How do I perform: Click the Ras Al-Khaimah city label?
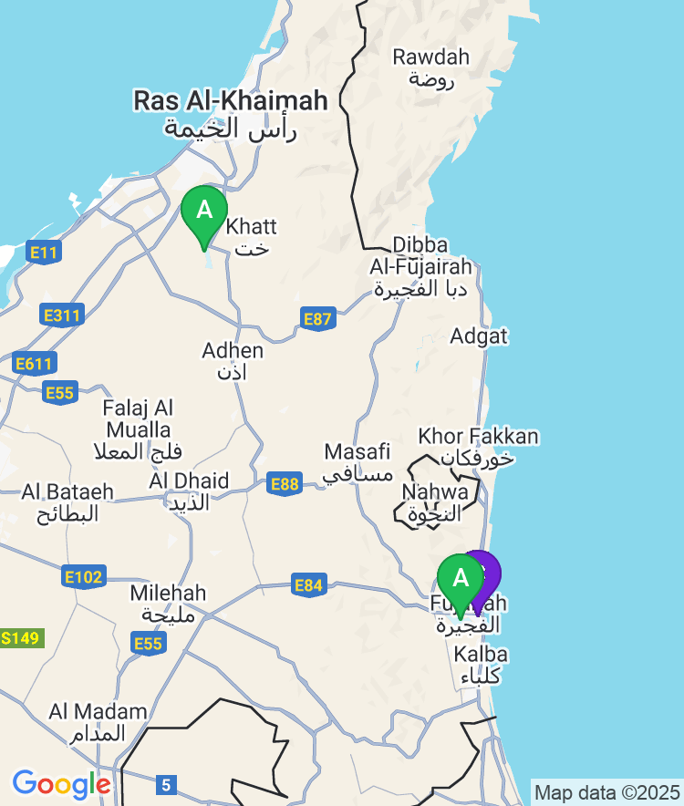[x=230, y=113]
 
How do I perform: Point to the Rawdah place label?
[x=430, y=67]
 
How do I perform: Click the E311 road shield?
[x=62, y=316]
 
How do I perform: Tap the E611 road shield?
[x=34, y=364]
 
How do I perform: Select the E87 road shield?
[x=317, y=318]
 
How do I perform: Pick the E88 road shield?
[x=285, y=484]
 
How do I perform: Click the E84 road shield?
[x=309, y=584]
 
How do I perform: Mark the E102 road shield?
[x=84, y=576]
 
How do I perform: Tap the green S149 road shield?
[x=20, y=637]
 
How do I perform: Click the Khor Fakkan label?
[x=478, y=446]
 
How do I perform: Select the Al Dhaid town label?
[x=189, y=491]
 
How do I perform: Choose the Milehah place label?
[x=168, y=603]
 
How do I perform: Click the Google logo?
[x=61, y=784]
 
